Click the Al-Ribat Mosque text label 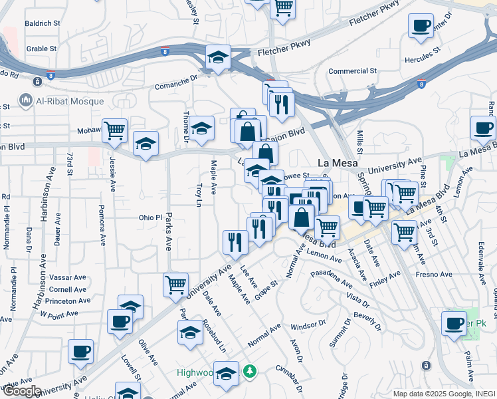(x=70, y=101)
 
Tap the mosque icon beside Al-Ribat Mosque (x=27, y=101)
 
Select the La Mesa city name (x=338, y=163)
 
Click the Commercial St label (x=352, y=71)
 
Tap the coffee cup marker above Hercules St (x=421, y=27)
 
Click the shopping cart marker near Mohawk (x=115, y=130)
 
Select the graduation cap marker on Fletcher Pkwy (x=217, y=57)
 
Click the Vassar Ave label (x=68, y=277)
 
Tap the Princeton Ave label (x=69, y=301)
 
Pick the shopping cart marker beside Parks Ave (x=175, y=285)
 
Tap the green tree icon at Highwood (x=250, y=370)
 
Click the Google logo (x=21, y=392)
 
